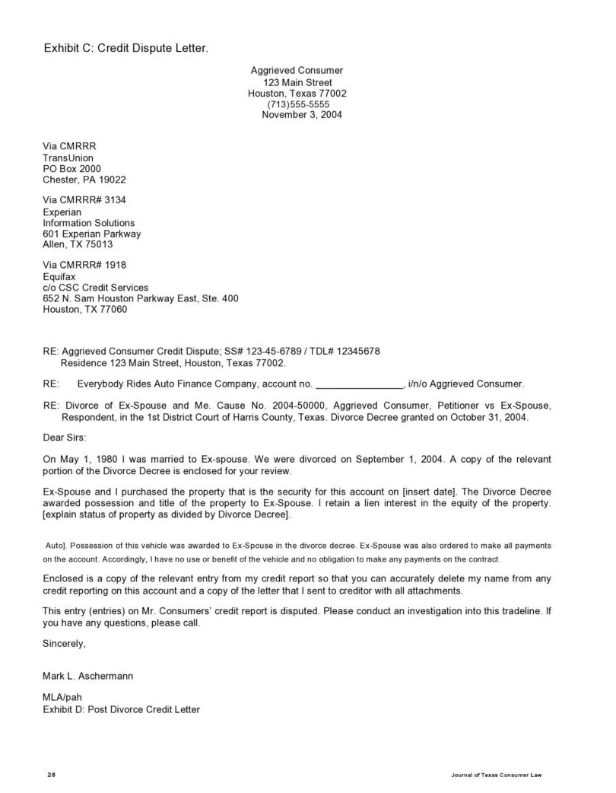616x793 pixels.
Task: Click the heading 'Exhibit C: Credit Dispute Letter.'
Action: pyautogui.click(x=125, y=49)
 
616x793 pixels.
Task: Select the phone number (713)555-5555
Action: pyautogui.click(x=298, y=104)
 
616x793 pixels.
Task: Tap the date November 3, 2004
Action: pyautogui.click(x=302, y=115)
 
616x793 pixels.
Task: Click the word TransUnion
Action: pyautogui.click(x=68, y=158)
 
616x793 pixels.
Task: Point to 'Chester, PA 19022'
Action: pyautogui.click(x=84, y=180)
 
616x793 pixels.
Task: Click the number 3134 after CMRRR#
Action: pyautogui.click(x=116, y=200)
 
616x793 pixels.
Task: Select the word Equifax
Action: pyautogui.click(x=61, y=276)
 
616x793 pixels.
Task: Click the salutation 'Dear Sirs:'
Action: pyautogui.click(x=65, y=438)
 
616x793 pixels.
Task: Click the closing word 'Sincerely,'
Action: pyautogui.click(x=65, y=644)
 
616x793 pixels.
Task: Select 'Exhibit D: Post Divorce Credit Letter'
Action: pyautogui.click(x=122, y=709)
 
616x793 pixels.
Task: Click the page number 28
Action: pyautogui.click(x=52, y=775)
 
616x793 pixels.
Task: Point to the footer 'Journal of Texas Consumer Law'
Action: pyautogui.click(x=496, y=775)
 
